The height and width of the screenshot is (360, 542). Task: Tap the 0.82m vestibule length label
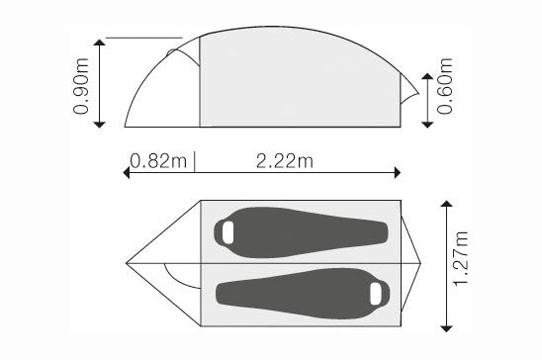point(156,159)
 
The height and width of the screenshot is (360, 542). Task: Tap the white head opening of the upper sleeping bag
point(227,232)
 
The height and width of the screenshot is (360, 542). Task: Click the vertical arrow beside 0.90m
point(100,83)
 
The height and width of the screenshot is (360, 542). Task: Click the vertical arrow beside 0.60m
point(426,99)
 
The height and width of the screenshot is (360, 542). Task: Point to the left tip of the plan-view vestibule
point(128,263)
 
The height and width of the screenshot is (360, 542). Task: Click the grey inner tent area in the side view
point(297,84)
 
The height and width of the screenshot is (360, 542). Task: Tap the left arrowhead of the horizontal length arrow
point(126,172)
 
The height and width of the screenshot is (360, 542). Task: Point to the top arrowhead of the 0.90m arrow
point(100,42)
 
